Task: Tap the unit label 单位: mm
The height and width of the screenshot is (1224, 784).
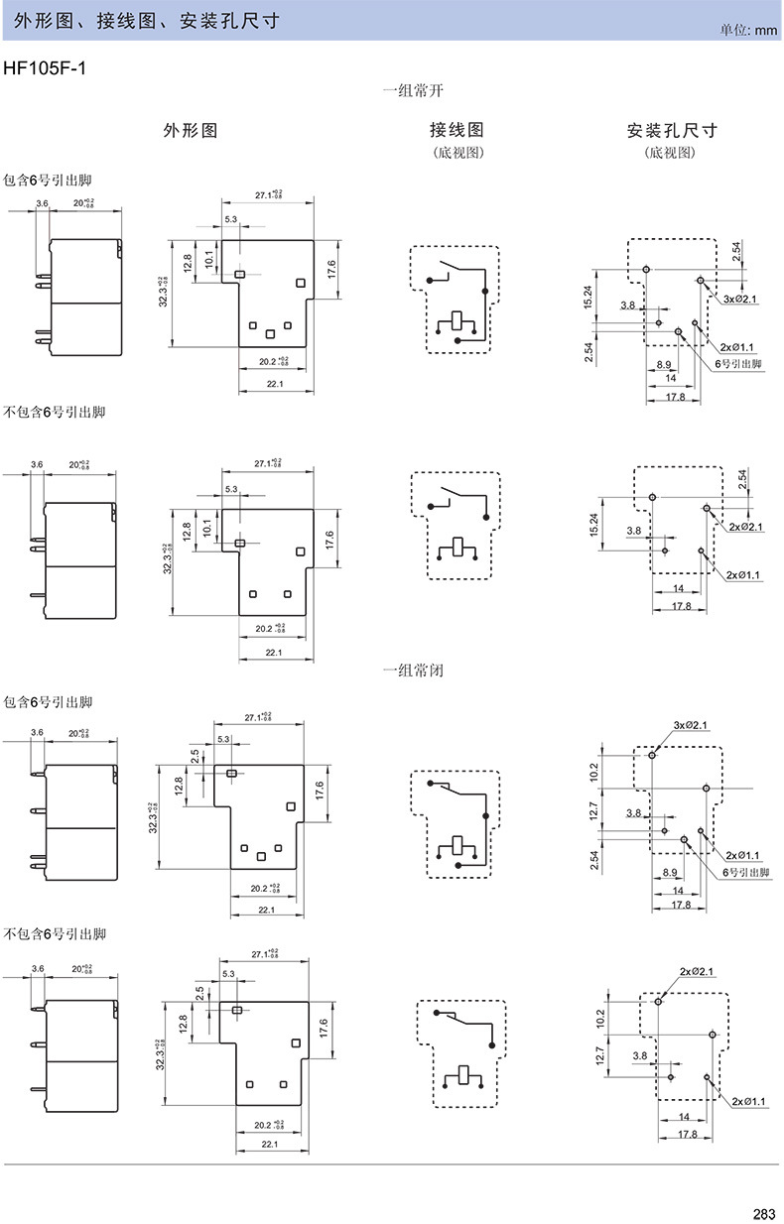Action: (749, 31)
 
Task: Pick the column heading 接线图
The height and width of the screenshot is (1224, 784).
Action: (457, 130)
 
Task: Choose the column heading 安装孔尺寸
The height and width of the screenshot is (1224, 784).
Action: (672, 130)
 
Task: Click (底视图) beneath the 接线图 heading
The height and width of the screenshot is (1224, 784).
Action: (457, 154)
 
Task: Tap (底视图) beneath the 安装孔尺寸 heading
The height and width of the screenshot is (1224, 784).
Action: (671, 154)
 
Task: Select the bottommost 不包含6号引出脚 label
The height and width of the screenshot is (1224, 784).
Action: (55, 934)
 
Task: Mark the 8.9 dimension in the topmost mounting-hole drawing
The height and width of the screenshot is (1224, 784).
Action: (664, 364)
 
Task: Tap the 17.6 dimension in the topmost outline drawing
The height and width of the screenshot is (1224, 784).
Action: (330, 269)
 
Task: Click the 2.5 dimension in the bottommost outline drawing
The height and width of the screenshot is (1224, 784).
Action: (199, 992)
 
